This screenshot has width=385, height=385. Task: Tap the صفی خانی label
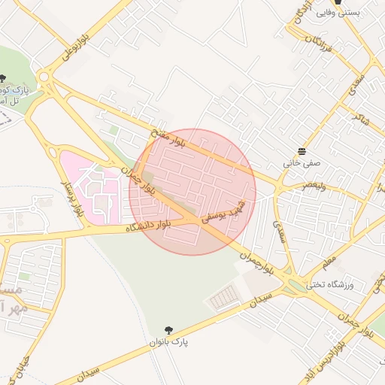coord(302,162)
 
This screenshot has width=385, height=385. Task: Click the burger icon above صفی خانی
coord(302,151)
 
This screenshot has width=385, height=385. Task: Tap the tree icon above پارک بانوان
coord(168,330)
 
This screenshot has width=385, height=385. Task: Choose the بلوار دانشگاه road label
coord(150,224)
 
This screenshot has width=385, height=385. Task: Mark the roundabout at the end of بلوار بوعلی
coord(47,77)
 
